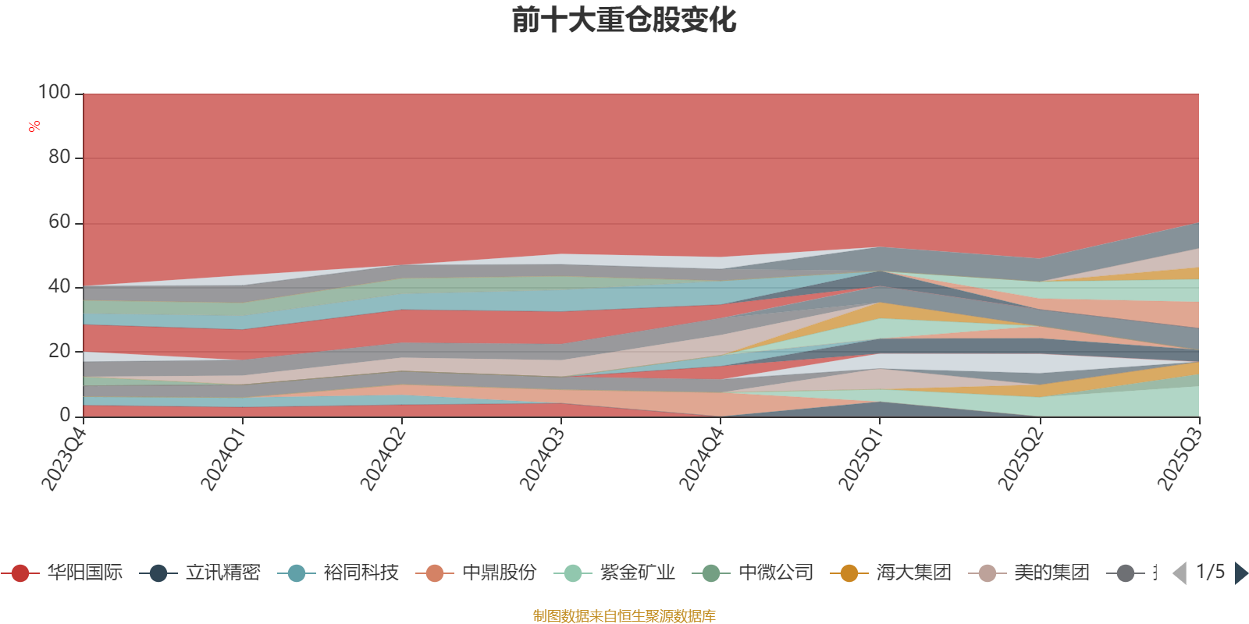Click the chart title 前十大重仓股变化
point(624,21)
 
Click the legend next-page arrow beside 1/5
point(1240,573)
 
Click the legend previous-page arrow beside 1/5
point(1180,573)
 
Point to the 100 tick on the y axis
point(55,93)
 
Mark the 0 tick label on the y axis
point(65,415)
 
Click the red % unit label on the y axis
point(34,126)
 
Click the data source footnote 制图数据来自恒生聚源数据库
point(624,615)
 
